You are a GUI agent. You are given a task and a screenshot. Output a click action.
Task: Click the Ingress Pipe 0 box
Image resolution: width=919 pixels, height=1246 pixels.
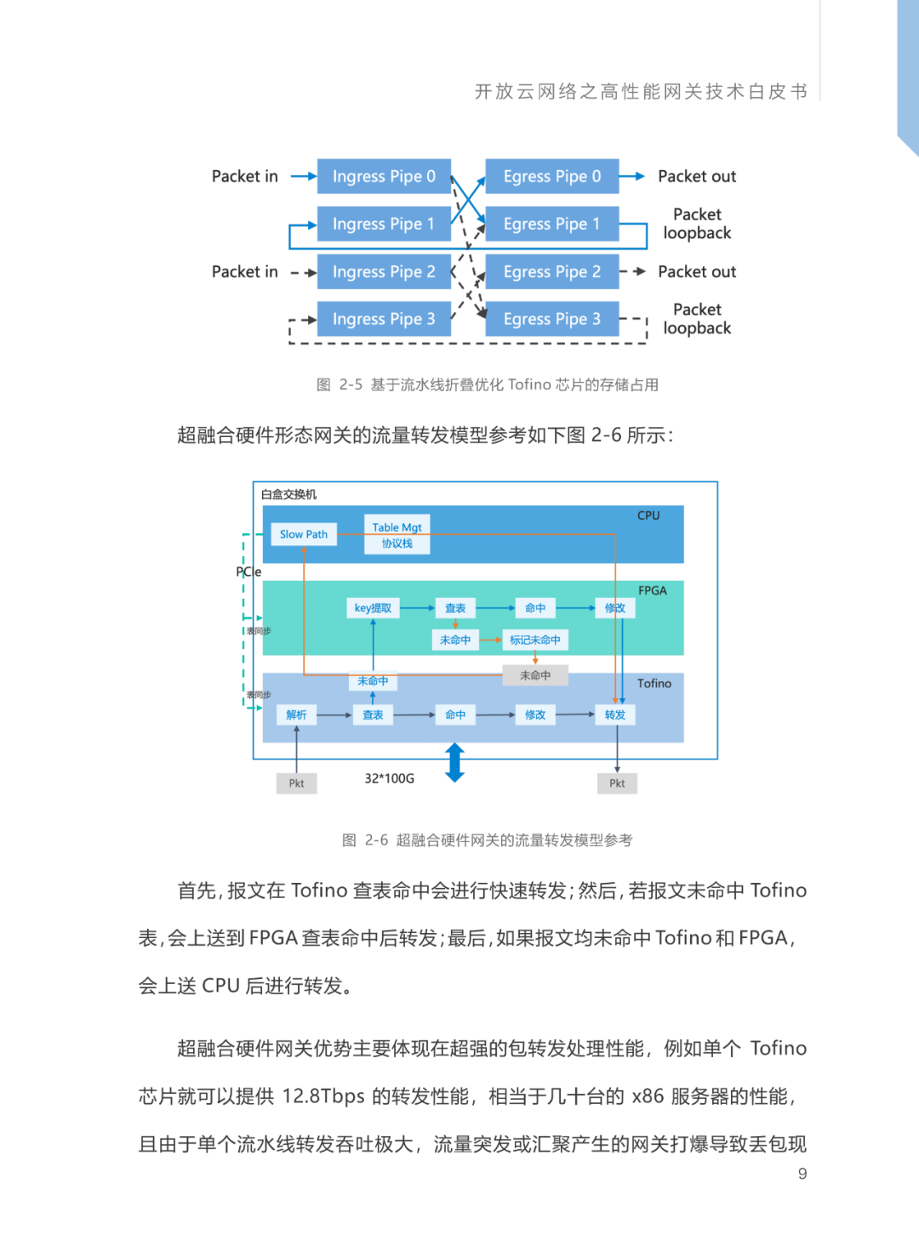pyautogui.click(x=384, y=176)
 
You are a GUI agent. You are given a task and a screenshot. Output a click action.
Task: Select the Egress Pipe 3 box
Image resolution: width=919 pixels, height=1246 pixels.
pyautogui.click(x=551, y=319)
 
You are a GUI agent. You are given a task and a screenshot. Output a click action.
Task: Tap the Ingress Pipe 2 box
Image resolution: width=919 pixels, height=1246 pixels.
pyautogui.click(x=384, y=271)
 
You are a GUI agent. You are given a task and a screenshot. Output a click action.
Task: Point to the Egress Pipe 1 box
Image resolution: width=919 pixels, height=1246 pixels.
pyautogui.click(x=551, y=224)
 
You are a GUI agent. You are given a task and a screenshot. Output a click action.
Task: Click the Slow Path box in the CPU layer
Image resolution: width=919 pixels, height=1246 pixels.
pyautogui.click(x=303, y=534)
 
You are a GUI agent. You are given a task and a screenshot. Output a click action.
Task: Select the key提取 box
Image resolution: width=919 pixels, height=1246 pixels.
pyautogui.click(x=373, y=608)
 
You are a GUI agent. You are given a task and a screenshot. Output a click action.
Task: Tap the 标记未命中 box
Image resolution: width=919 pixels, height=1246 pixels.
pyautogui.click(x=534, y=640)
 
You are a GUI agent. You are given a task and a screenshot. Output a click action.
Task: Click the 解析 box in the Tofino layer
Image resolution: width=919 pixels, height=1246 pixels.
pyautogui.click(x=296, y=714)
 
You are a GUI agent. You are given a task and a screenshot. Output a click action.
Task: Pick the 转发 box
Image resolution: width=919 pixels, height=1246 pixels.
pyautogui.click(x=614, y=714)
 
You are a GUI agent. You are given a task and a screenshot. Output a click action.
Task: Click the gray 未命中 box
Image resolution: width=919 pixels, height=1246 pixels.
pyautogui.click(x=534, y=675)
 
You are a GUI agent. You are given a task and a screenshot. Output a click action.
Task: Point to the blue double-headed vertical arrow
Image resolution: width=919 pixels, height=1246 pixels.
pyautogui.click(x=455, y=762)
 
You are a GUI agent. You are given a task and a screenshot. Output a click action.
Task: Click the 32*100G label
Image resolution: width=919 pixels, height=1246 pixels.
pyautogui.click(x=389, y=778)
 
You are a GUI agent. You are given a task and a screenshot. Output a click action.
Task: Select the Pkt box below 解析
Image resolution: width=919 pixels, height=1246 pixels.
pyautogui.click(x=296, y=783)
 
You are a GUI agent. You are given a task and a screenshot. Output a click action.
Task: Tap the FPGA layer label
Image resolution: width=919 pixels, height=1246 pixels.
pyautogui.click(x=652, y=590)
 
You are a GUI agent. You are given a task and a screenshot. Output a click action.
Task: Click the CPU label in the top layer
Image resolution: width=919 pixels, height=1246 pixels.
pyautogui.click(x=648, y=515)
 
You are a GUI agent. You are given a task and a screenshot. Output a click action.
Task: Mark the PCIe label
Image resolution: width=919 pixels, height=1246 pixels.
pyautogui.click(x=248, y=572)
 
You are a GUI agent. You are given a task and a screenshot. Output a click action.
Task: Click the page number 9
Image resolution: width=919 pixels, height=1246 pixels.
pyautogui.click(x=802, y=1174)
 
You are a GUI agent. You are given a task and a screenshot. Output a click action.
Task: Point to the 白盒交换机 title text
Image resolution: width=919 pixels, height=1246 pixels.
pyautogui.click(x=288, y=494)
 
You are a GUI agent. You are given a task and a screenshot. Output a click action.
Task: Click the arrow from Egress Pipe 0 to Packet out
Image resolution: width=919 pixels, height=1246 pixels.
pyautogui.click(x=631, y=176)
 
